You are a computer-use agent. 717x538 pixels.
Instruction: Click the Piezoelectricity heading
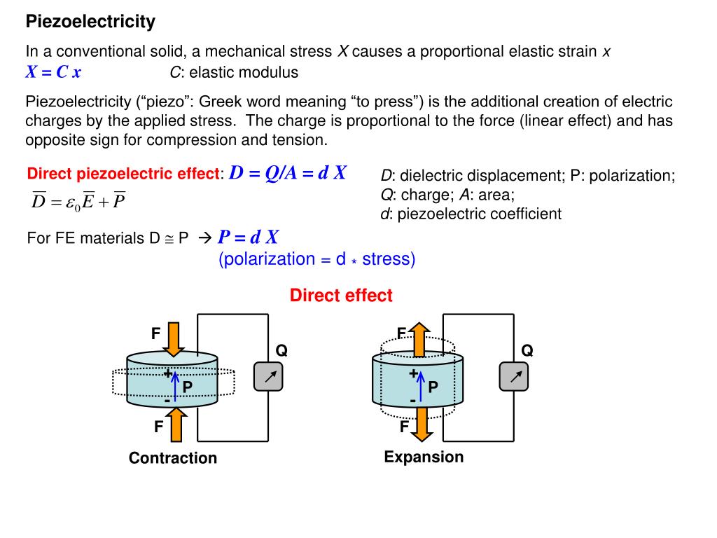(90, 22)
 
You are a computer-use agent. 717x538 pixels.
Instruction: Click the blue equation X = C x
(53, 72)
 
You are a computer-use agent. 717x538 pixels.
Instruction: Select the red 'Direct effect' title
(341, 296)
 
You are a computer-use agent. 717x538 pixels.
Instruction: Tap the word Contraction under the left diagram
(173, 458)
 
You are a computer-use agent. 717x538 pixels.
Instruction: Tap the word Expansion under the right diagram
(424, 457)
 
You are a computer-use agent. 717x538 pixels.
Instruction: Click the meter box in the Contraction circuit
(267, 377)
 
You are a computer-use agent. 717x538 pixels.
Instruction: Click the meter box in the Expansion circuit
(513, 377)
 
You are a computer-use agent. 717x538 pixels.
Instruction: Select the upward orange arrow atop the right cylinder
(419, 339)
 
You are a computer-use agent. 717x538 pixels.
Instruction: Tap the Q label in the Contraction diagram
(281, 351)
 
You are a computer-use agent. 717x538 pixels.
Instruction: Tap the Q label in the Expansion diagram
(527, 351)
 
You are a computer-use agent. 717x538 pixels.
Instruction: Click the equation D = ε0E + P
(78, 202)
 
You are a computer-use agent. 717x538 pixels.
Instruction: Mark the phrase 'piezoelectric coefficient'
(479, 214)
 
